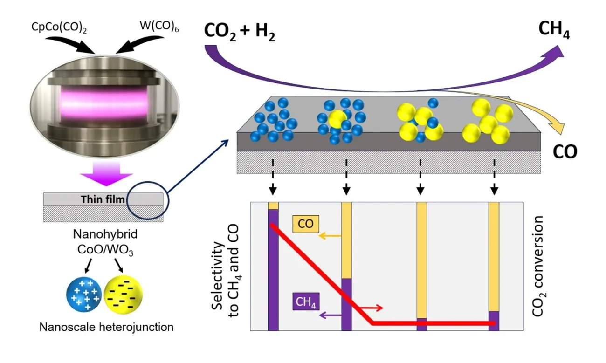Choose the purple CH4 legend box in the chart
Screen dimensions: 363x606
click(305, 303)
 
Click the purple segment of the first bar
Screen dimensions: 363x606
click(273, 270)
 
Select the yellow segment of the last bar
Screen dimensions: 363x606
click(494, 256)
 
